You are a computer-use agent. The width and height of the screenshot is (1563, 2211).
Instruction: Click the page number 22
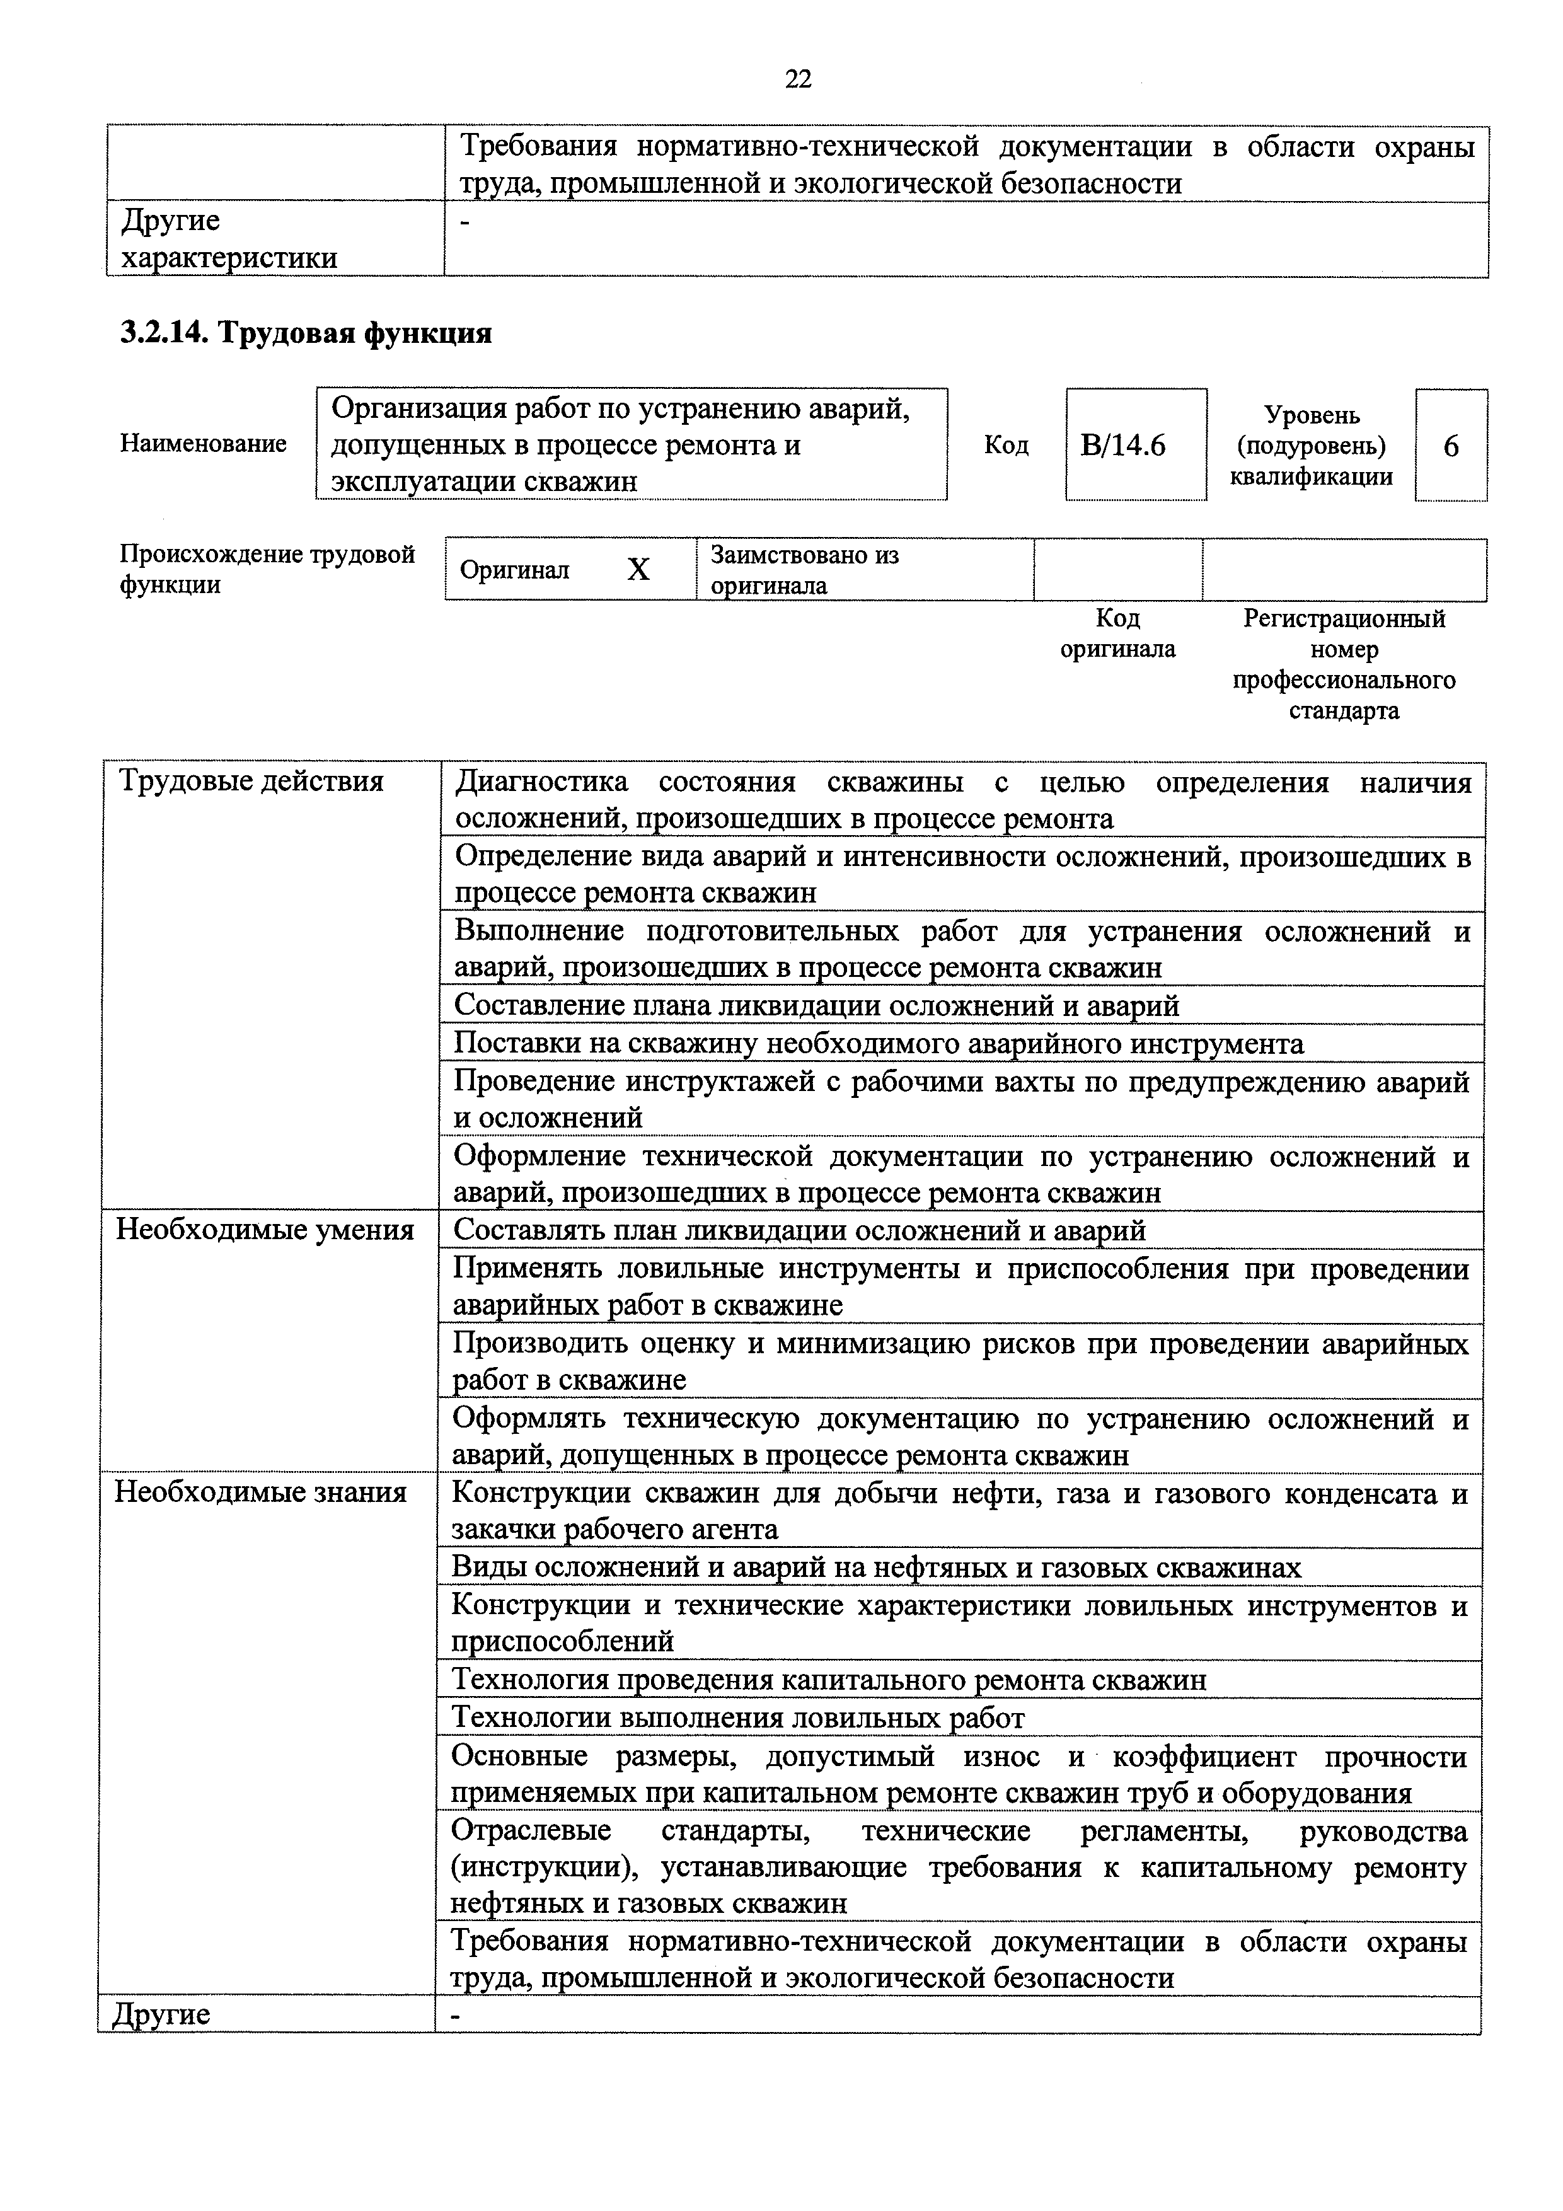pyautogui.click(x=799, y=79)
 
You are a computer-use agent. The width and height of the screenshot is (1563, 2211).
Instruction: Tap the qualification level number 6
pyautogui.click(x=1450, y=446)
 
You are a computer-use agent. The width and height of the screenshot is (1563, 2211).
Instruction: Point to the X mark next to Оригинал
pyautogui.click(x=638, y=570)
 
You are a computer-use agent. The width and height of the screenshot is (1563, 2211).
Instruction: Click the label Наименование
pyautogui.click(x=203, y=443)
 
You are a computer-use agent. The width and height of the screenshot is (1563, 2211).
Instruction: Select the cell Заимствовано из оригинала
pyautogui.click(x=804, y=570)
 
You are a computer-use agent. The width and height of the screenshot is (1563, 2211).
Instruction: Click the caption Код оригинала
pyautogui.click(x=1117, y=633)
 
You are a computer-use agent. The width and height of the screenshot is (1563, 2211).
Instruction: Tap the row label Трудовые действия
pyautogui.click(x=250, y=781)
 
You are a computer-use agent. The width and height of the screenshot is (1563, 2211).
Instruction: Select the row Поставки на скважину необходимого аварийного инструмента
pyautogui.click(x=879, y=1043)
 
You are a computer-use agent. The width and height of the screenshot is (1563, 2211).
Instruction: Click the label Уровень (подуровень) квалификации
pyautogui.click(x=1311, y=446)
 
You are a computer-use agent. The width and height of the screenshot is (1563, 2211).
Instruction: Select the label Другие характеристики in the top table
pyautogui.click(x=228, y=239)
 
